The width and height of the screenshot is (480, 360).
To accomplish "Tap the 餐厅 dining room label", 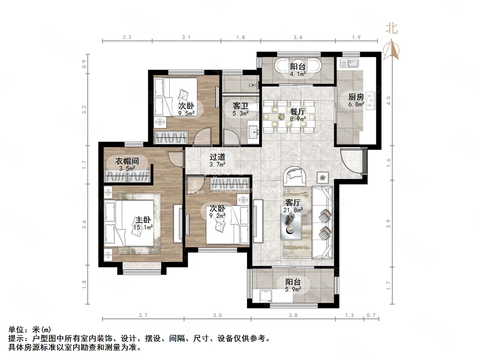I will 298,112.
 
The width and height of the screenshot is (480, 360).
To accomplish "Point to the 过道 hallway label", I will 217,157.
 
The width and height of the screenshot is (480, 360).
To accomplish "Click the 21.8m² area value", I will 293,210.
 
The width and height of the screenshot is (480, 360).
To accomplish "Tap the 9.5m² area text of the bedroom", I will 187,112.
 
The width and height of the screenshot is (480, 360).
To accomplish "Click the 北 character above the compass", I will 391,28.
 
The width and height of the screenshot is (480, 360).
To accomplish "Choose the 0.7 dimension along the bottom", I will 371,316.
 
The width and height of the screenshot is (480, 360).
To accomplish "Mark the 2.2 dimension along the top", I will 127,37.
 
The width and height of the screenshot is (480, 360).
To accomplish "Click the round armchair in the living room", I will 296,176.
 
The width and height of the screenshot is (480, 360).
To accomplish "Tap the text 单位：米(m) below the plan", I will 29,330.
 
